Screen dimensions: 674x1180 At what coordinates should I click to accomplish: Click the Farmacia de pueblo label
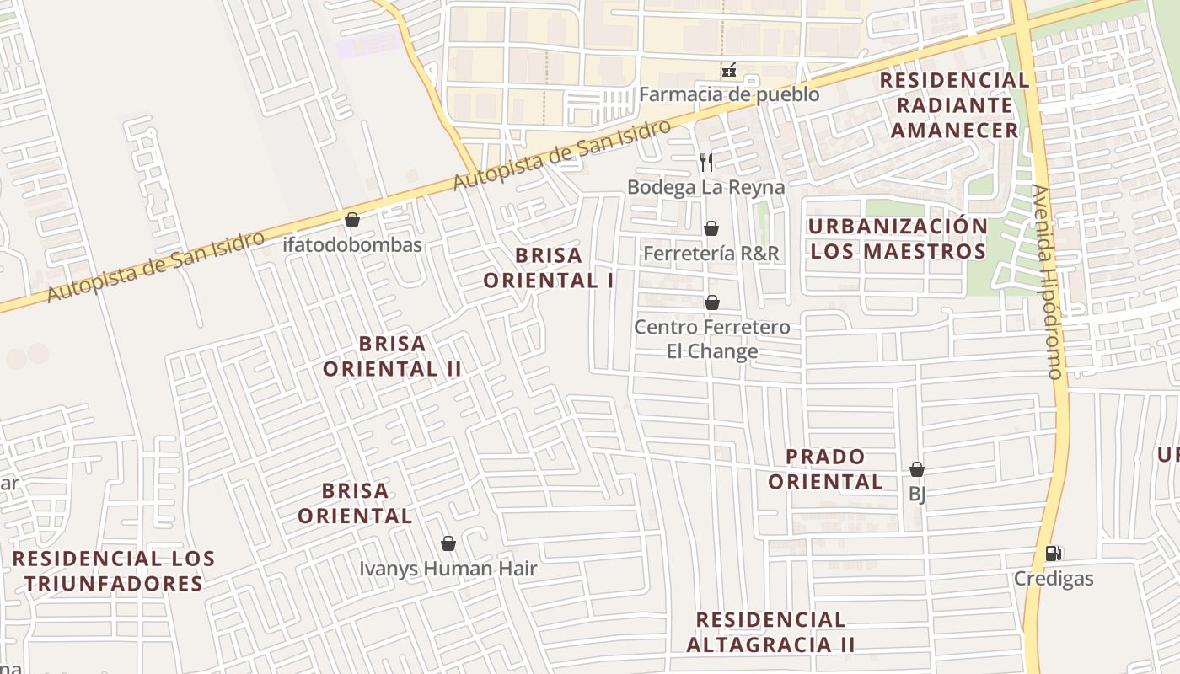(728, 94)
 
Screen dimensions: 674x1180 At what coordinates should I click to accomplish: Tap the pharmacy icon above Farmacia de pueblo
(729, 70)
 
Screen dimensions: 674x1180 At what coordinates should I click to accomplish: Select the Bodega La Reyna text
(705, 187)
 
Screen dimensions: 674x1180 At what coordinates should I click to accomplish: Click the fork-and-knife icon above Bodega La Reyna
(706, 162)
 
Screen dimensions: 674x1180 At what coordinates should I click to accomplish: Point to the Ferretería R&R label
(711, 253)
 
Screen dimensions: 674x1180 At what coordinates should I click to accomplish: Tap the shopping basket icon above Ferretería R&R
(711, 228)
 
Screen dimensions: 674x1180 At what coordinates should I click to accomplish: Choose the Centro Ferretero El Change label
(712, 339)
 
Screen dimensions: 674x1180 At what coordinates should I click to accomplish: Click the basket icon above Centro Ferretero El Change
(712, 302)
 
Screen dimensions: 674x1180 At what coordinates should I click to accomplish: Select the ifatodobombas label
(352, 245)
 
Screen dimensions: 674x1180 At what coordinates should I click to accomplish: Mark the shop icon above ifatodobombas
(352, 220)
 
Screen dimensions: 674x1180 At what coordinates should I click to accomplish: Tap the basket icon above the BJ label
(917, 469)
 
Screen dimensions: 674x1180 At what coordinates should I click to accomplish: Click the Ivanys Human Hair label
(448, 569)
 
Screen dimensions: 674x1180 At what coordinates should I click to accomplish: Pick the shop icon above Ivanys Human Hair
(448, 543)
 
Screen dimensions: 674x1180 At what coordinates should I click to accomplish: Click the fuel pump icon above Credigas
(1053, 554)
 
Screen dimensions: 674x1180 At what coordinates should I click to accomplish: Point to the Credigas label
(1053, 579)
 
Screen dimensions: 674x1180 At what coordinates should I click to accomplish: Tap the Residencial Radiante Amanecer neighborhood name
(955, 105)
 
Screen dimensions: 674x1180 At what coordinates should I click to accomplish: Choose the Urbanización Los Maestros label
(897, 238)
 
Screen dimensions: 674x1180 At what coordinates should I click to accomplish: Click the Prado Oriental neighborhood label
(825, 469)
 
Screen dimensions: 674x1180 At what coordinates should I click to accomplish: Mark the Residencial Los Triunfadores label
(114, 571)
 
